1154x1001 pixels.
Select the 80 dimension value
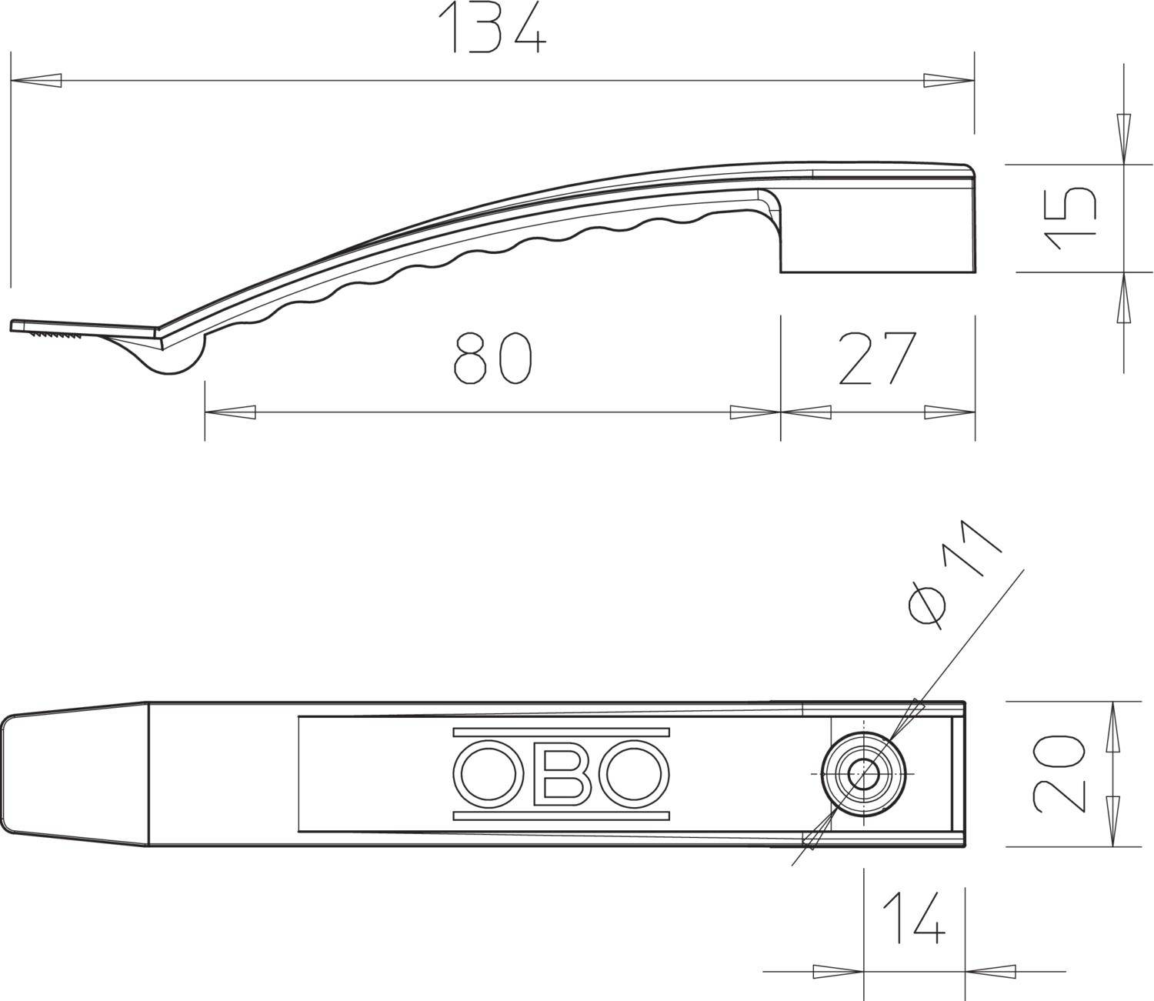[x=492, y=359]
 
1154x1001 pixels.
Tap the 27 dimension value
[x=878, y=359]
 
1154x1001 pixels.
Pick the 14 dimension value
[x=913, y=918]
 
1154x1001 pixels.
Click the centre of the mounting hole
[x=863, y=772]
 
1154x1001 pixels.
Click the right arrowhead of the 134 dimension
[x=949, y=80]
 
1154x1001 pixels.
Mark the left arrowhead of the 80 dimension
[x=230, y=412]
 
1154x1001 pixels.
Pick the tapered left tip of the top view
[x=73, y=773]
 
